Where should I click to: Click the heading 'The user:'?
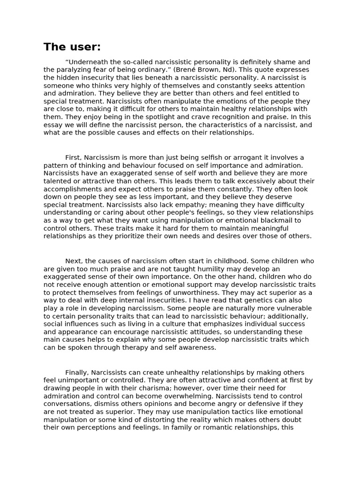coord(72,47)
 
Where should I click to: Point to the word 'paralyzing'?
coord(71,70)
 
